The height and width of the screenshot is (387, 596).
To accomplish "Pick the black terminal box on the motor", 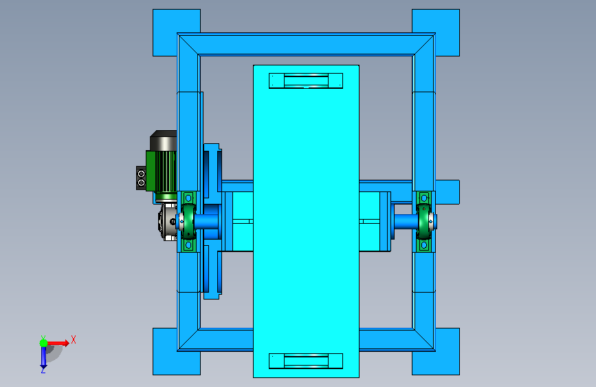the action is click(x=141, y=178).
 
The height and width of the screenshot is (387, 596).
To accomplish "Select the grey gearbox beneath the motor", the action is click(x=168, y=222).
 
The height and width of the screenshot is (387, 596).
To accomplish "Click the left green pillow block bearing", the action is click(x=188, y=221).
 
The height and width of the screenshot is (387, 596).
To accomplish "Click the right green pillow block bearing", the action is click(x=425, y=221).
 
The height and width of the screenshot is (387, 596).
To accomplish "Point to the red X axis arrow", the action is click(x=56, y=343).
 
